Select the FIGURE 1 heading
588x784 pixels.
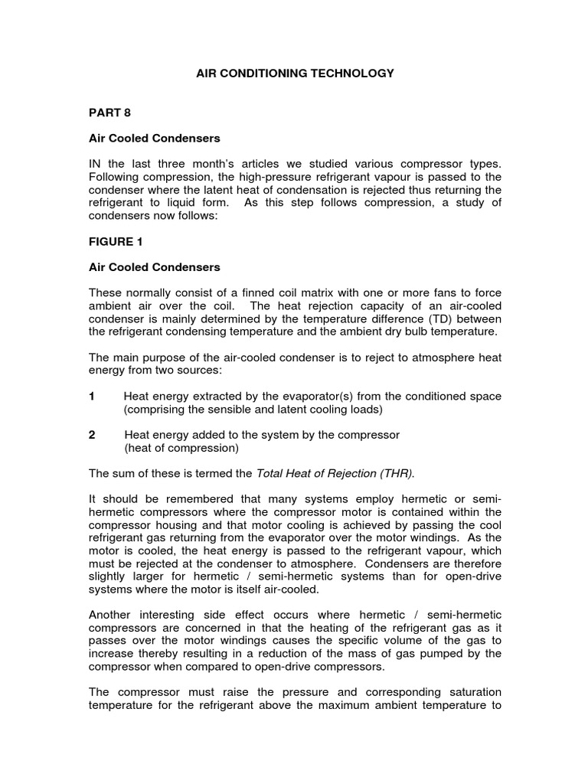(x=116, y=240)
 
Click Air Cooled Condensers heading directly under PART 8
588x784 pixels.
(x=154, y=139)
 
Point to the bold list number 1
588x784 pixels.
(x=92, y=396)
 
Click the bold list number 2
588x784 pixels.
(x=92, y=435)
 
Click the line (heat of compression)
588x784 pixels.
(x=181, y=448)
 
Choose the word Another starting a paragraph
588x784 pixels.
(x=110, y=615)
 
